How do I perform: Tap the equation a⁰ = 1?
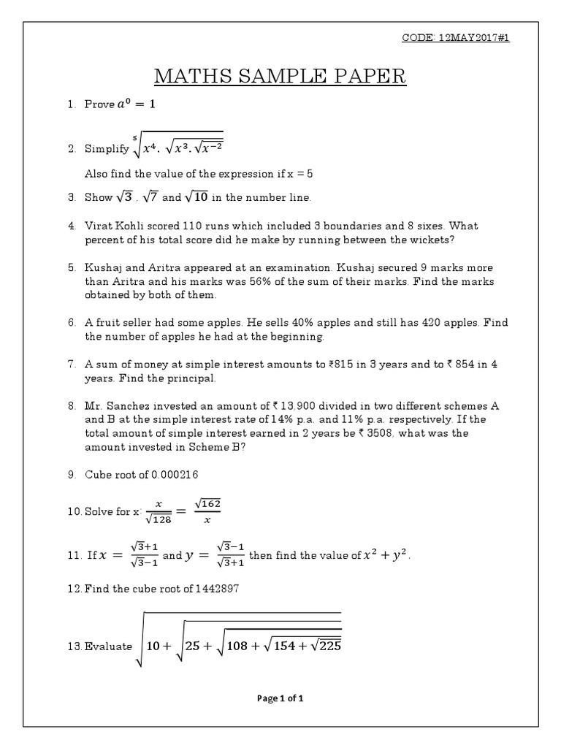[136, 104]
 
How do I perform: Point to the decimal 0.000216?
[175, 475]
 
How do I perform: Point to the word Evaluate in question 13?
[108, 646]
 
